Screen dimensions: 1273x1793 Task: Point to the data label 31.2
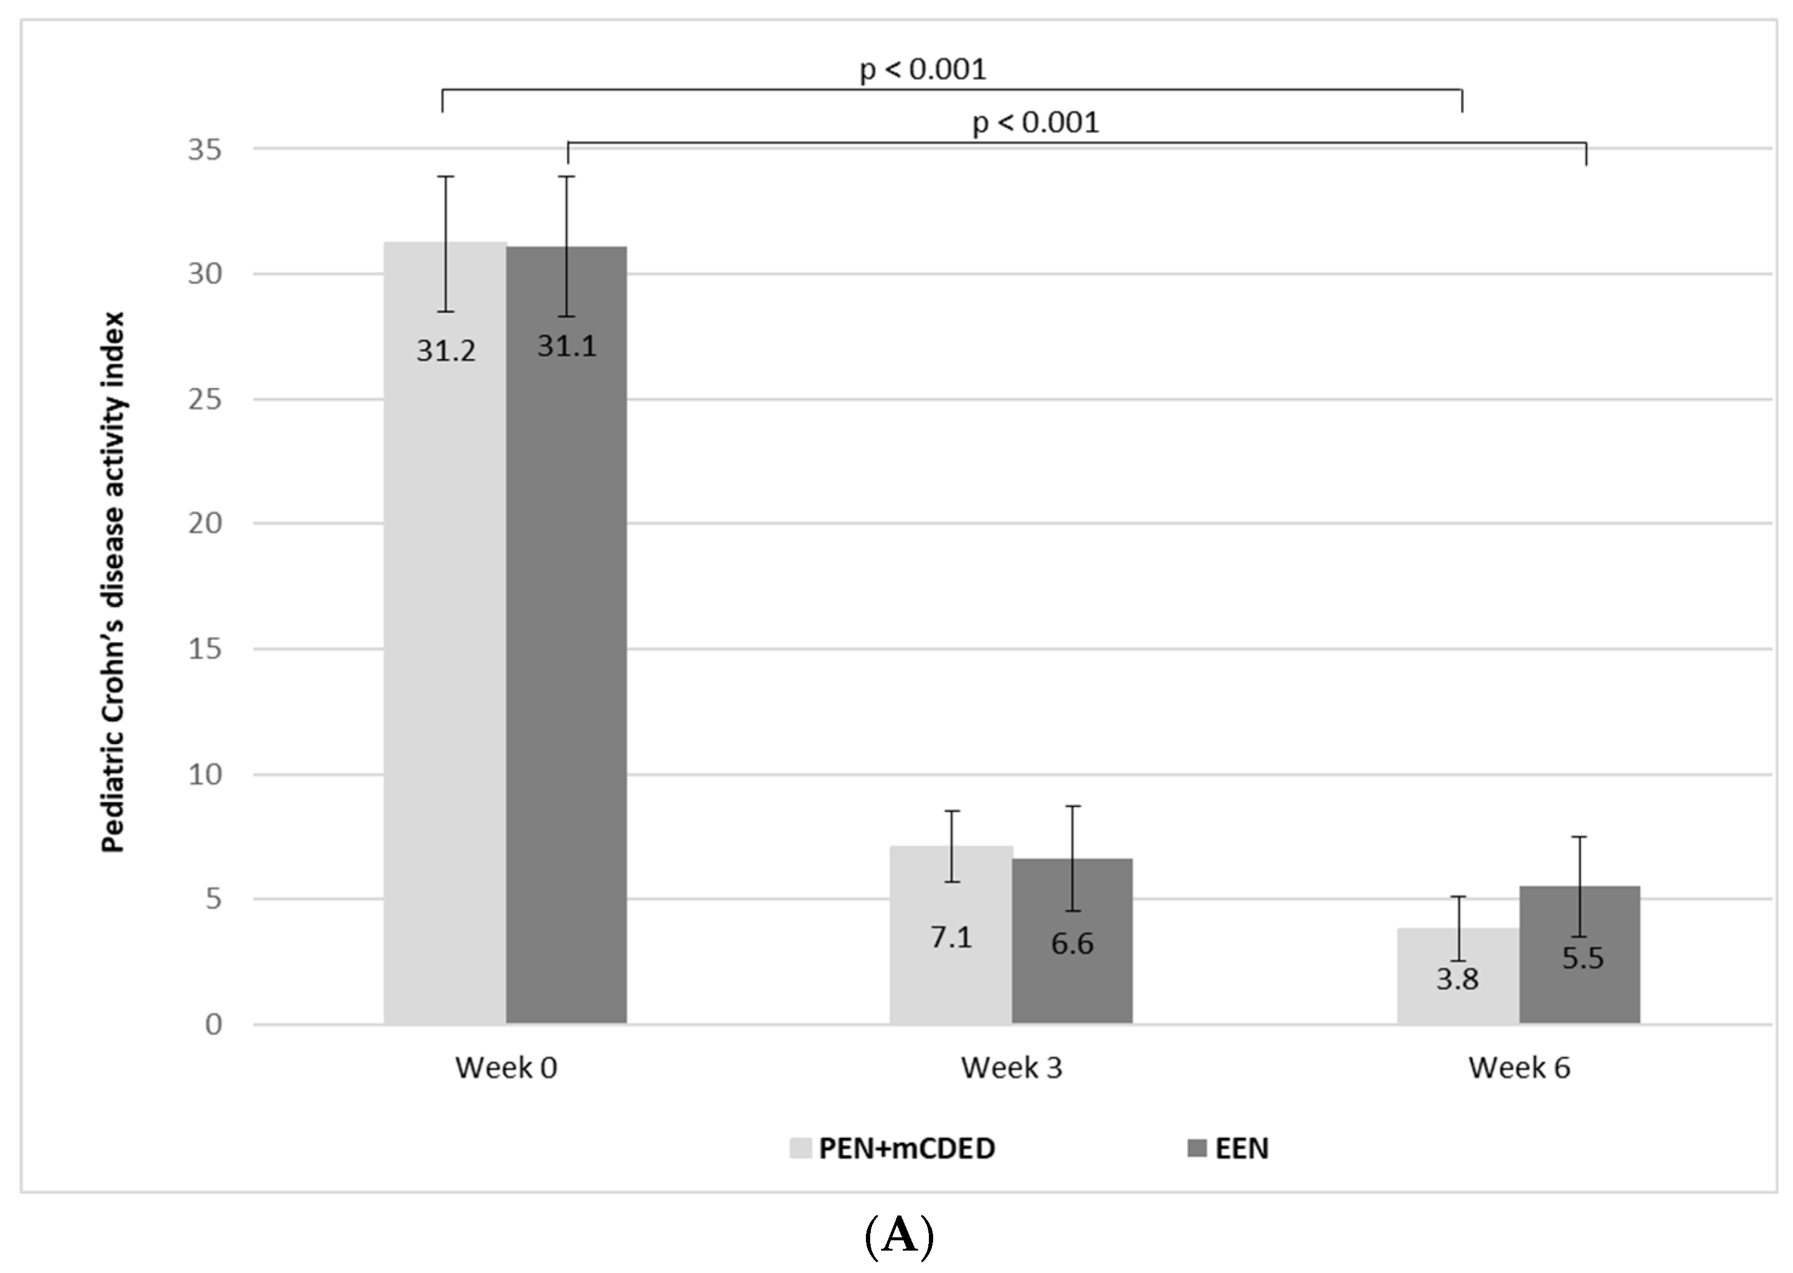click(x=445, y=351)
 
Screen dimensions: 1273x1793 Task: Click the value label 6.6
click(x=1072, y=944)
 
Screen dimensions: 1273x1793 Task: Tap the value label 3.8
click(x=1457, y=979)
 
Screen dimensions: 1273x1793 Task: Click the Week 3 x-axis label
click(x=1011, y=1068)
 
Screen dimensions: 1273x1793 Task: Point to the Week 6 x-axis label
click(x=1519, y=1068)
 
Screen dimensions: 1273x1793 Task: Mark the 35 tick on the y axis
click(x=205, y=149)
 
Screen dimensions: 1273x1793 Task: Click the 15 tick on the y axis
click(x=205, y=649)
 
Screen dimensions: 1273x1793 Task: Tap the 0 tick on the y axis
click(x=213, y=1025)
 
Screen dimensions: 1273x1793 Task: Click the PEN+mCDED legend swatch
click(x=801, y=1148)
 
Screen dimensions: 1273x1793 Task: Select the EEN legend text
click(x=1241, y=1148)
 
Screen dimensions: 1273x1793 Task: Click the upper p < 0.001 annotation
click(x=923, y=70)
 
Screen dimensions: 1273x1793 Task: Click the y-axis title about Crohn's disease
click(x=114, y=582)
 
